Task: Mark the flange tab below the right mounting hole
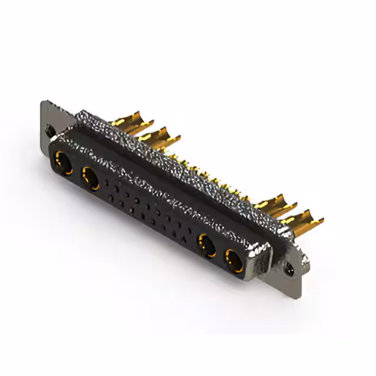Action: pyautogui.click(x=292, y=282)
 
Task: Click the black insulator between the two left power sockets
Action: pyautogui.click(x=78, y=170)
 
